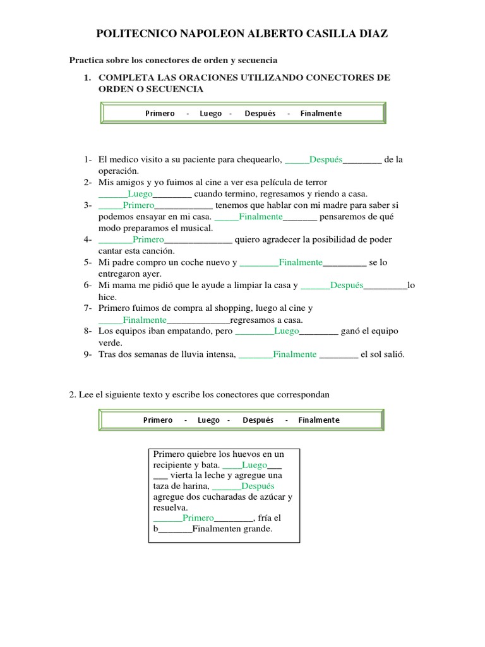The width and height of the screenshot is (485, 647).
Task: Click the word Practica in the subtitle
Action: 85,60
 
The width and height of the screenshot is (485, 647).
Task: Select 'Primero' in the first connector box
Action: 160,113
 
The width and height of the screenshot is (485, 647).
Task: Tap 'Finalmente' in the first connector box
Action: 321,113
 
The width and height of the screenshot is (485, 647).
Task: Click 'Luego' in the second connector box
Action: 208,420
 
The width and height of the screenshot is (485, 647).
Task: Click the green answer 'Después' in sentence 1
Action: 326,159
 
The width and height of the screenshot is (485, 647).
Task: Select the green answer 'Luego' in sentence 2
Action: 140,193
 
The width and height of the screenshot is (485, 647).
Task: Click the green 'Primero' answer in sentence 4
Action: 148,239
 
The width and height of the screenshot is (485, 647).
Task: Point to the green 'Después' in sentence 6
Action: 347,285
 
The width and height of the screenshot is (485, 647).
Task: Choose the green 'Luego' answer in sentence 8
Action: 286,330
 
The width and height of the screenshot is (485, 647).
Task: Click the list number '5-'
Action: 88,262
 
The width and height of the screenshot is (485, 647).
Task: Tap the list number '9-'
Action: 88,354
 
